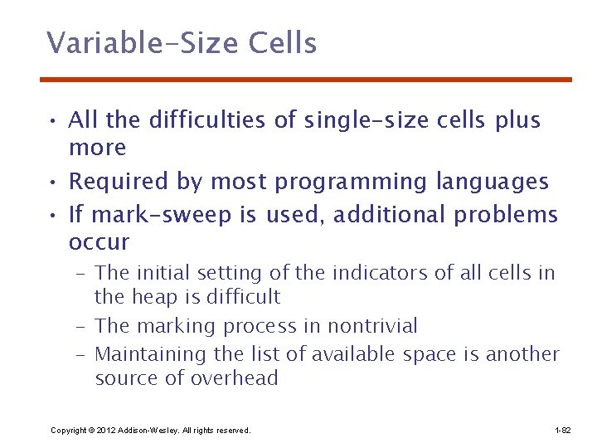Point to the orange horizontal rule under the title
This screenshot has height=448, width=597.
306,80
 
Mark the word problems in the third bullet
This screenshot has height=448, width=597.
506,215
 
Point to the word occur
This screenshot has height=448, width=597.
99,243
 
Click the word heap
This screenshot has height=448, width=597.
148,297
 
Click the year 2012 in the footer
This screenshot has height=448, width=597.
105,431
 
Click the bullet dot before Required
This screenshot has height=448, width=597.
51,183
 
